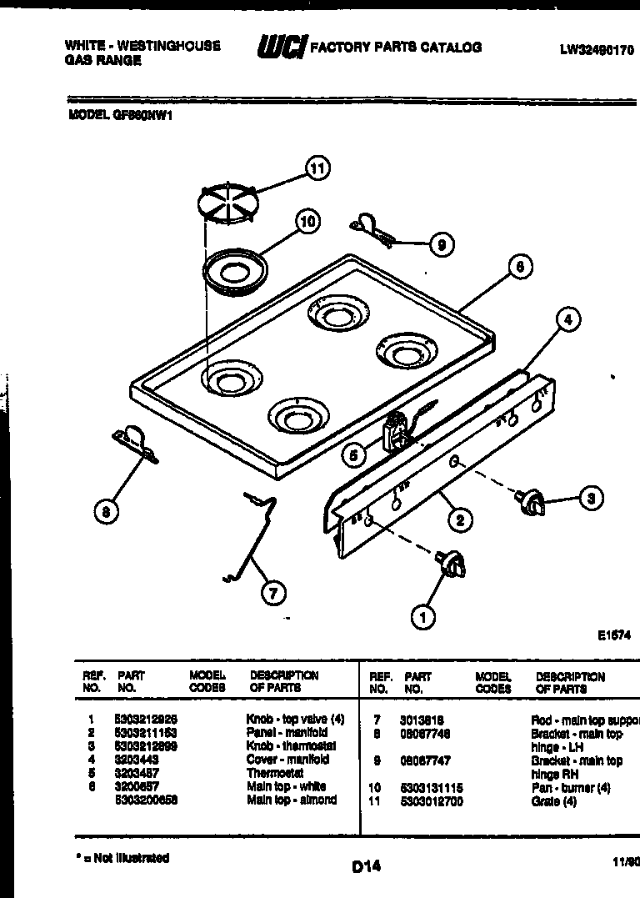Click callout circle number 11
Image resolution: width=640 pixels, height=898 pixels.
coord(317,168)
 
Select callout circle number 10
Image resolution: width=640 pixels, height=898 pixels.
coord(307,221)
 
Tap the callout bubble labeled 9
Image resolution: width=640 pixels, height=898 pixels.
coord(441,244)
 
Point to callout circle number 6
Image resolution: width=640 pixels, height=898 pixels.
coord(518,267)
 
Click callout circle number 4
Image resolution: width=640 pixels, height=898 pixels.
coord(567,319)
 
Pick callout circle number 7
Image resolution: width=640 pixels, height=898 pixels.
coord(272,593)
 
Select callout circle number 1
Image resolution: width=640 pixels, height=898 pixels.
coord(422,617)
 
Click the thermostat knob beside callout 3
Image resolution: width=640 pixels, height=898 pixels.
coord(530,502)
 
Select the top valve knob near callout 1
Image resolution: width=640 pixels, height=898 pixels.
coord(451,564)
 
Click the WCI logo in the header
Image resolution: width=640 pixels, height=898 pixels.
coord(281,48)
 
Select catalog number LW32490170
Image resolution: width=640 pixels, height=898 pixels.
coord(596,50)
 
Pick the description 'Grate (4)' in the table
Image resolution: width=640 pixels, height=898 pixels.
coord(553,802)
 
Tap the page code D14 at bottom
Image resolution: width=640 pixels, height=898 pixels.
coord(366,866)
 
